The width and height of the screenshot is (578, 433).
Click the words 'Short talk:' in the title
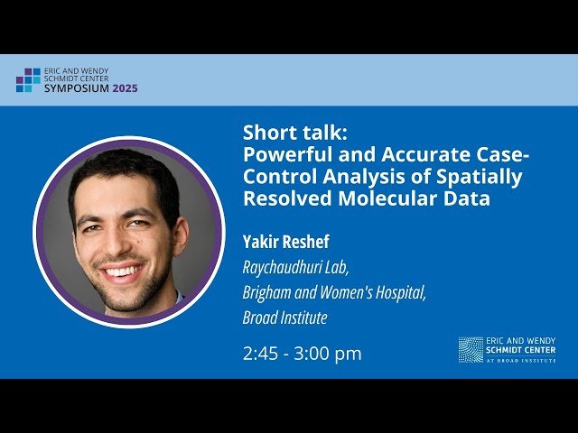coord(288,133)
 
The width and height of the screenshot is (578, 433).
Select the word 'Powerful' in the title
coord(283,154)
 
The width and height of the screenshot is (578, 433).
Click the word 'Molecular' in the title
coord(380,198)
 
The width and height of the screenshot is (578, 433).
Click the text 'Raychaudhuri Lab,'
coord(294,267)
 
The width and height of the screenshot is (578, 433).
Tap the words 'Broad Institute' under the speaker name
coord(284,318)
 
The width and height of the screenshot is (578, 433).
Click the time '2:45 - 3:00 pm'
coord(302,354)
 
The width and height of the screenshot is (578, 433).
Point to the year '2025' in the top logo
coord(126,88)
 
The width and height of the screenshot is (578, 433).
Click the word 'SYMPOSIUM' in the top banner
coord(77,88)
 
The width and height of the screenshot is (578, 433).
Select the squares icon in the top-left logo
coord(28,80)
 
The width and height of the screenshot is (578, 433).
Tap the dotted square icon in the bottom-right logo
coord(471,349)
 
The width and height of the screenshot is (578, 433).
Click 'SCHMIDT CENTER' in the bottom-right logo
coord(521,349)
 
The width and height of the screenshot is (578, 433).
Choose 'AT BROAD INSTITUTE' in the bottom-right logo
coord(521,359)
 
